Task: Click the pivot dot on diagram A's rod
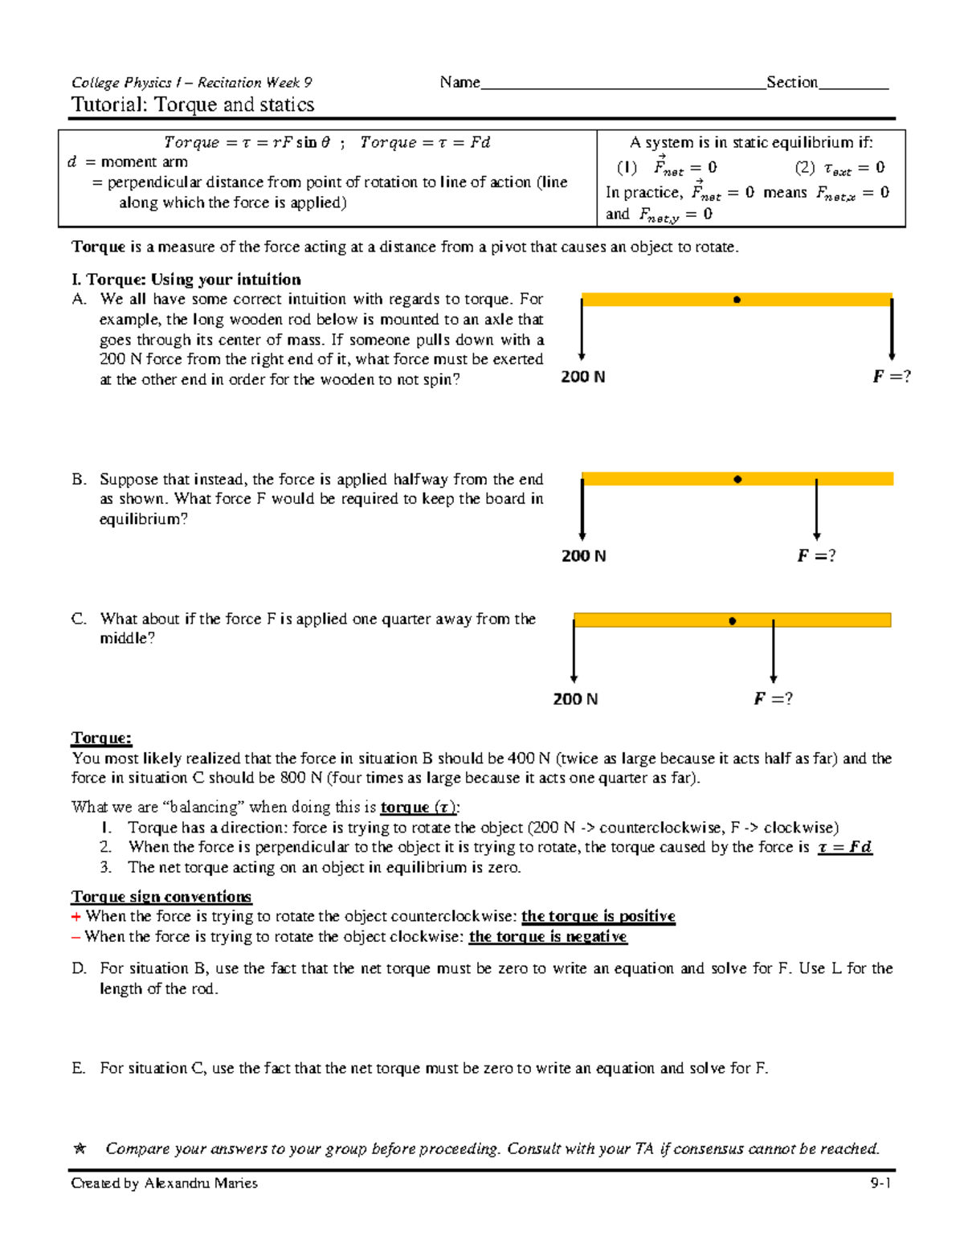[737, 300]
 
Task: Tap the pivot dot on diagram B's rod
[737, 480]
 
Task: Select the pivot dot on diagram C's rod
[732, 621]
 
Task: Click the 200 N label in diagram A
[582, 377]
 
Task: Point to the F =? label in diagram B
[816, 556]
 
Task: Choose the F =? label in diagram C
[773, 699]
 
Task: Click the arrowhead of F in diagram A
[892, 355]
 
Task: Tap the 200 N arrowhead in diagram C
[574, 678]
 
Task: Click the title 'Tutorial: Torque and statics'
[193, 104]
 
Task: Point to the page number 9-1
[880, 1183]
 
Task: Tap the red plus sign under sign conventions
[76, 917]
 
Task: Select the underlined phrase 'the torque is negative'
[548, 937]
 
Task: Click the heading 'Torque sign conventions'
[161, 897]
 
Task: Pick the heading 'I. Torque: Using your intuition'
[186, 280]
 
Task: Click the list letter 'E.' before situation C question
[78, 1068]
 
